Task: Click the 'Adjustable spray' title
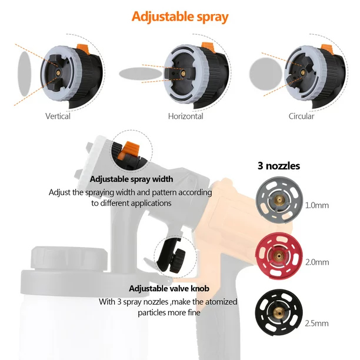coord(180,16)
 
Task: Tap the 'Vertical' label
coord(58,116)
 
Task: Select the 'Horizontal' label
coord(185,116)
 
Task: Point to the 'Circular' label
coord(301,116)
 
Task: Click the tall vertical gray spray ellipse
coord(24,74)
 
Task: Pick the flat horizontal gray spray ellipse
coord(141,74)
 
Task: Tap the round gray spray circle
coord(266,74)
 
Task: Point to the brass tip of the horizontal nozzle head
coord(183,74)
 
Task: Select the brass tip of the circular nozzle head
coord(303,73)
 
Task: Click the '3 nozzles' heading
coord(279,166)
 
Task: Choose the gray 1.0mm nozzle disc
coord(279,200)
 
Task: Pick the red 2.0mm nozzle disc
coord(279,256)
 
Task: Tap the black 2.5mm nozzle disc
coord(279,312)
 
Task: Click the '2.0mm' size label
coord(317,262)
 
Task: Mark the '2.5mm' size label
coord(317,324)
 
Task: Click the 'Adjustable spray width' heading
coord(131,179)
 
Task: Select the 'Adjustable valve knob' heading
coord(169,288)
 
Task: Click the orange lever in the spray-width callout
coord(128,151)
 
